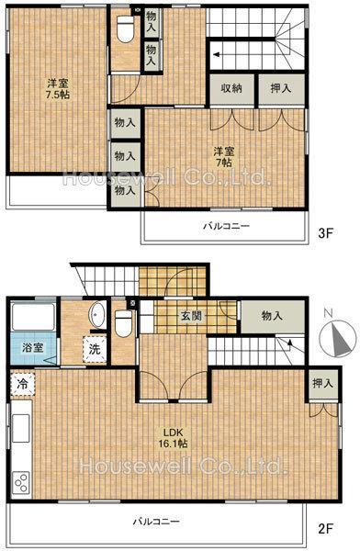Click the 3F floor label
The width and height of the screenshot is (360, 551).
click(x=325, y=233)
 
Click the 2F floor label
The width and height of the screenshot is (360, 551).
click(x=325, y=528)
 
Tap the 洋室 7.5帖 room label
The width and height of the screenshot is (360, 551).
click(x=59, y=89)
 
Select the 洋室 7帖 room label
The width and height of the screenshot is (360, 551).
click(x=224, y=157)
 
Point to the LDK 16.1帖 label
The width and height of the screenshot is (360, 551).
click(x=173, y=437)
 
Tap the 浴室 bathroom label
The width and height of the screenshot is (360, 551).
click(x=33, y=348)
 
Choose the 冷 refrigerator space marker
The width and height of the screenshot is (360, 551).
click(x=22, y=384)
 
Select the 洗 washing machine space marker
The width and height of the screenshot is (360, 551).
click(x=95, y=349)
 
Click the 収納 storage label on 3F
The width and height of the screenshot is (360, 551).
click(x=231, y=88)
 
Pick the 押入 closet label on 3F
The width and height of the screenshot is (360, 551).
click(x=281, y=88)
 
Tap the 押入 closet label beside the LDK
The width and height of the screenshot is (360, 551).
click(x=322, y=383)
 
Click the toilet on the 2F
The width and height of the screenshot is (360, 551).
click(x=123, y=323)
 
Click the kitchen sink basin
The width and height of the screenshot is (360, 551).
click(x=21, y=428)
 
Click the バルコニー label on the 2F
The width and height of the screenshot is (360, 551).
click(x=156, y=521)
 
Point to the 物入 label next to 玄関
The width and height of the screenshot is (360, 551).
click(x=272, y=316)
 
